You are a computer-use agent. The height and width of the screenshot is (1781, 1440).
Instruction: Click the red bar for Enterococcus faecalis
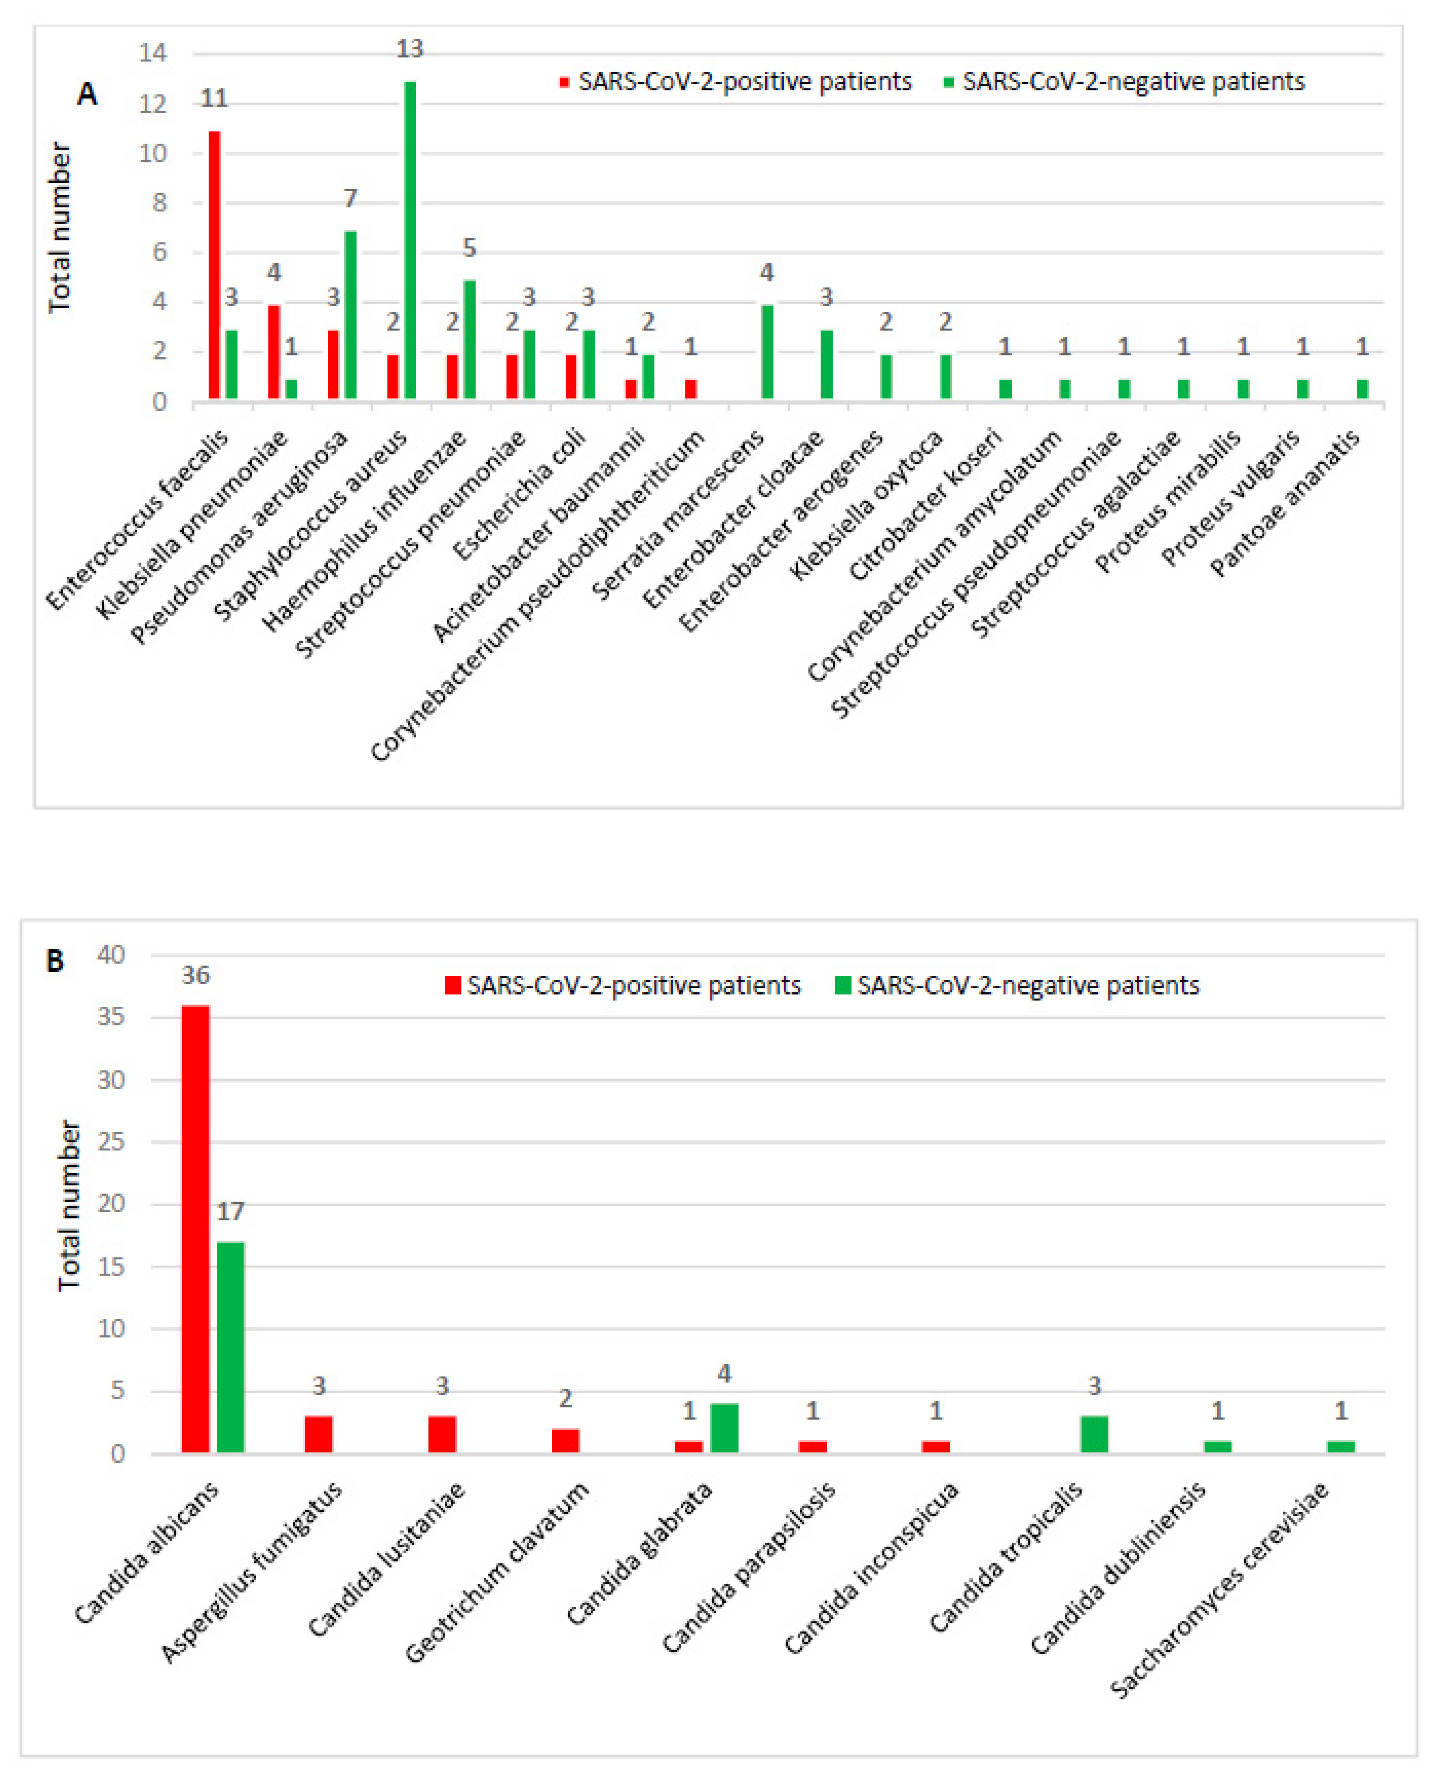click(x=214, y=266)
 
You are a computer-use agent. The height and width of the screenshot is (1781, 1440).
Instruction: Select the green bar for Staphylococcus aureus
click(x=410, y=241)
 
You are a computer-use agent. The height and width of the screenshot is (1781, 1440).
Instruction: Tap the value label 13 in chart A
click(x=410, y=50)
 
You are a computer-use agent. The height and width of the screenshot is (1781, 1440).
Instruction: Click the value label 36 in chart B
click(x=196, y=975)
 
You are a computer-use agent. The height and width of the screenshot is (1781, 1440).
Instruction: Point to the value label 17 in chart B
click(x=231, y=1212)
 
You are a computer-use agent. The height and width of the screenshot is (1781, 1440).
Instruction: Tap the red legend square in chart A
click(x=564, y=82)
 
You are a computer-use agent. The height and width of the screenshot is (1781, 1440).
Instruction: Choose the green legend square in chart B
click(x=843, y=985)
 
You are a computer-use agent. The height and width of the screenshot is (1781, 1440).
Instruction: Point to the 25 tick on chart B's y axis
click(x=111, y=1142)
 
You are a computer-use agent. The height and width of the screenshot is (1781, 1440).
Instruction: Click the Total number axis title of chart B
click(x=70, y=1205)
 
